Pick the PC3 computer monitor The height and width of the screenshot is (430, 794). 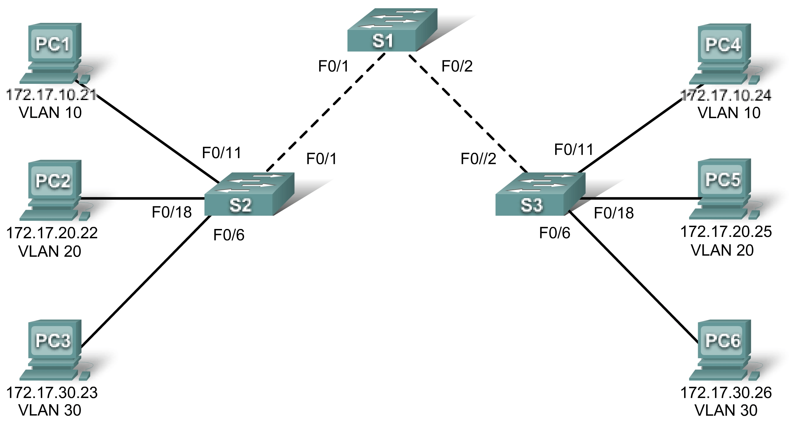point(53,340)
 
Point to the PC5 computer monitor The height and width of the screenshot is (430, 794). point(723,180)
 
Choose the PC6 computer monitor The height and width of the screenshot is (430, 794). point(723,340)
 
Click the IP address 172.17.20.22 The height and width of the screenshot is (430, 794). point(52,233)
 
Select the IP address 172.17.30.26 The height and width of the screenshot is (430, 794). point(726,393)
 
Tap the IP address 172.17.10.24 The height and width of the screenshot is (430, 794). point(726,95)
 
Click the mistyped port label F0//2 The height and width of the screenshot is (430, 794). point(478,159)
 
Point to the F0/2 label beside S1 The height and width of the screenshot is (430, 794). point(457,66)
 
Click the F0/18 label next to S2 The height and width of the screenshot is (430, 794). point(172,212)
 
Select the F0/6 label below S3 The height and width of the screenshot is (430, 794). point(555,233)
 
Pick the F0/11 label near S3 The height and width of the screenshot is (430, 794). point(574,150)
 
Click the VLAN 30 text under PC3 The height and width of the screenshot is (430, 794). point(50,410)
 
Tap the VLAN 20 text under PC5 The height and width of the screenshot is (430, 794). point(722,251)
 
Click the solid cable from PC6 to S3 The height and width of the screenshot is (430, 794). point(632,276)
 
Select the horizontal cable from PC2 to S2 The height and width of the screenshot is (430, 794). point(143,198)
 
